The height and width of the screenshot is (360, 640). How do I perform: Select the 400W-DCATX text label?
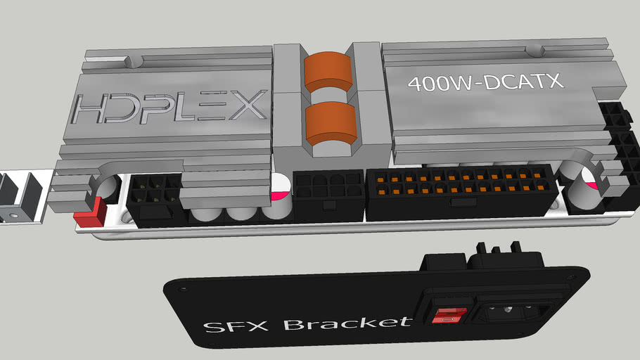click(x=485, y=82)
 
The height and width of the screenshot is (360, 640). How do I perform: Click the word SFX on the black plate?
click(x=233, y=328)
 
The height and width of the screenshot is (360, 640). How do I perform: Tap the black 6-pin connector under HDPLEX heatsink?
click(x=155, y=197)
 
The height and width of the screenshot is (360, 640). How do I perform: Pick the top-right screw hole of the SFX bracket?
click(x=565, y=277)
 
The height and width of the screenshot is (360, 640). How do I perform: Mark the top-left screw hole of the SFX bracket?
click(x=184, y=286)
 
